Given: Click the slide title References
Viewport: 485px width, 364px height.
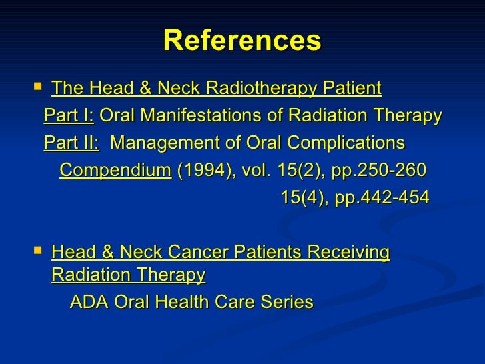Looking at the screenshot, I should pos(242,41).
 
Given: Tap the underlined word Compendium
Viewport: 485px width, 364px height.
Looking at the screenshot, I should pos(115,171).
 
